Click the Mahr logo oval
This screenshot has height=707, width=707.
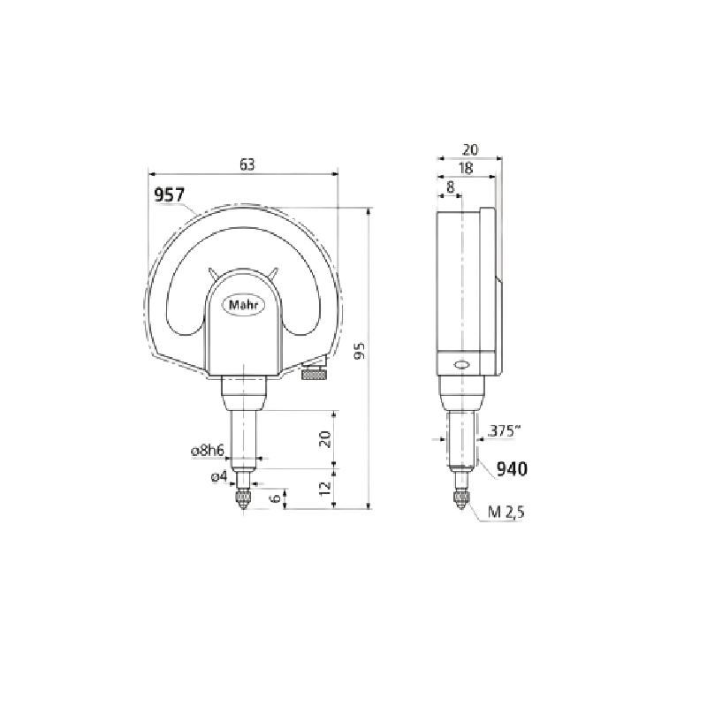pyautogui.click(x=244, y=305)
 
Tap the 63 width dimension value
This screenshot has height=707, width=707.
pyautogui.click(x=247, y=165)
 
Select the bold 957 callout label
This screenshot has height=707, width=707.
pyautogui.click(x=170, y=194)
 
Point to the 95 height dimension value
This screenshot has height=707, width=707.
pyautogui.click(x=360, y=351)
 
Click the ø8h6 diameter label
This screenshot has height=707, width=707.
pyautogui.click(x=208, y=450)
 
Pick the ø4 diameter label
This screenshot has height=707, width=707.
pyautogui.click(x=219, y=476)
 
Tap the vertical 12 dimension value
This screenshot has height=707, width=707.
pyautogui.click(x=325, y=489)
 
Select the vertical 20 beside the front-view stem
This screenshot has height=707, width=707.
pyautogui.click(x=325, y=439)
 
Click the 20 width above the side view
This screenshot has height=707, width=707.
pyautogui.click(x=470, y=149)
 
